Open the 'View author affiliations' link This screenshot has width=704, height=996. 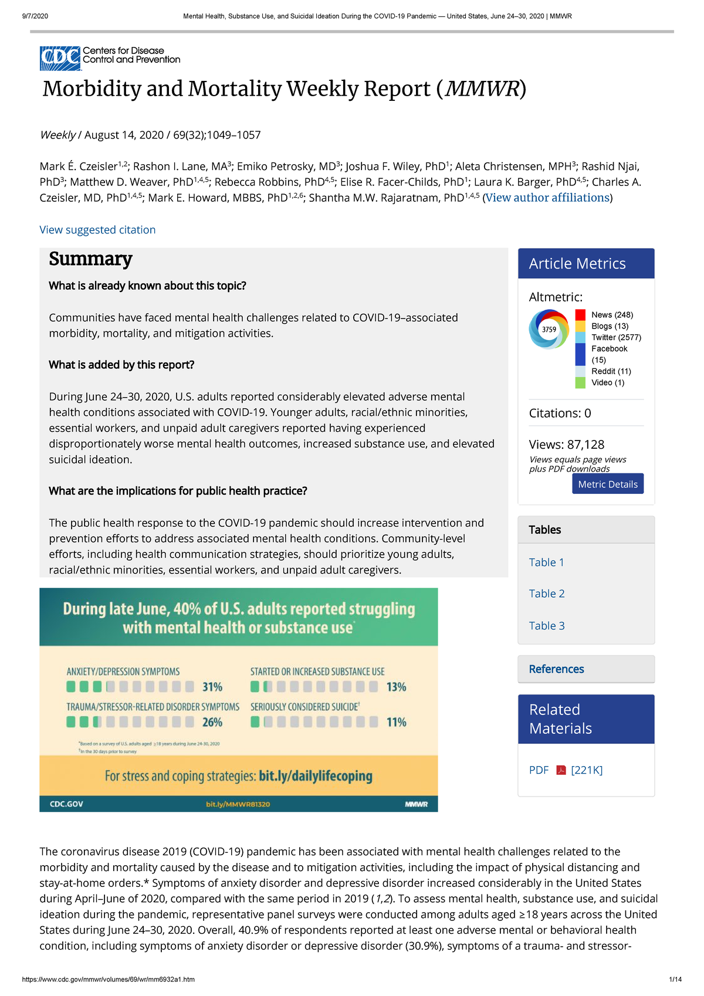[547, 198]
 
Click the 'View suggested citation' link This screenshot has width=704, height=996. [97, 230]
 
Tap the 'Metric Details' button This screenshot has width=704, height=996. [607, 484]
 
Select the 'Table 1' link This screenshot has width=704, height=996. [546, 563]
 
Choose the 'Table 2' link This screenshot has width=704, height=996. [547, 594]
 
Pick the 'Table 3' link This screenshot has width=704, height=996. [547, 626]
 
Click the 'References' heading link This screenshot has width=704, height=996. [556, 669]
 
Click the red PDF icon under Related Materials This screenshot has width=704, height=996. [561, 770]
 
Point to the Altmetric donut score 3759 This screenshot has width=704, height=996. [549, 329]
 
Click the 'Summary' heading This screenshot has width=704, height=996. [90, 259]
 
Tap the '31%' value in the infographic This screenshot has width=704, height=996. [212, 687]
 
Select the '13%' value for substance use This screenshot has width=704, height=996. [396, 687]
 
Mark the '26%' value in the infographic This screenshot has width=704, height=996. [212, 722]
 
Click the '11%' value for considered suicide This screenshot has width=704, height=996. [396, 722]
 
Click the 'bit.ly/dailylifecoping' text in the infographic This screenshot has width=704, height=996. [315, 776]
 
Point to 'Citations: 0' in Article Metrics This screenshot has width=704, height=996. [560, 413]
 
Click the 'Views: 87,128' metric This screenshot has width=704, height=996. [566, 445]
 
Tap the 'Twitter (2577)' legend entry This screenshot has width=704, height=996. [616, 337]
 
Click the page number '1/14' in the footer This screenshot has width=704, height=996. [675, 979]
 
